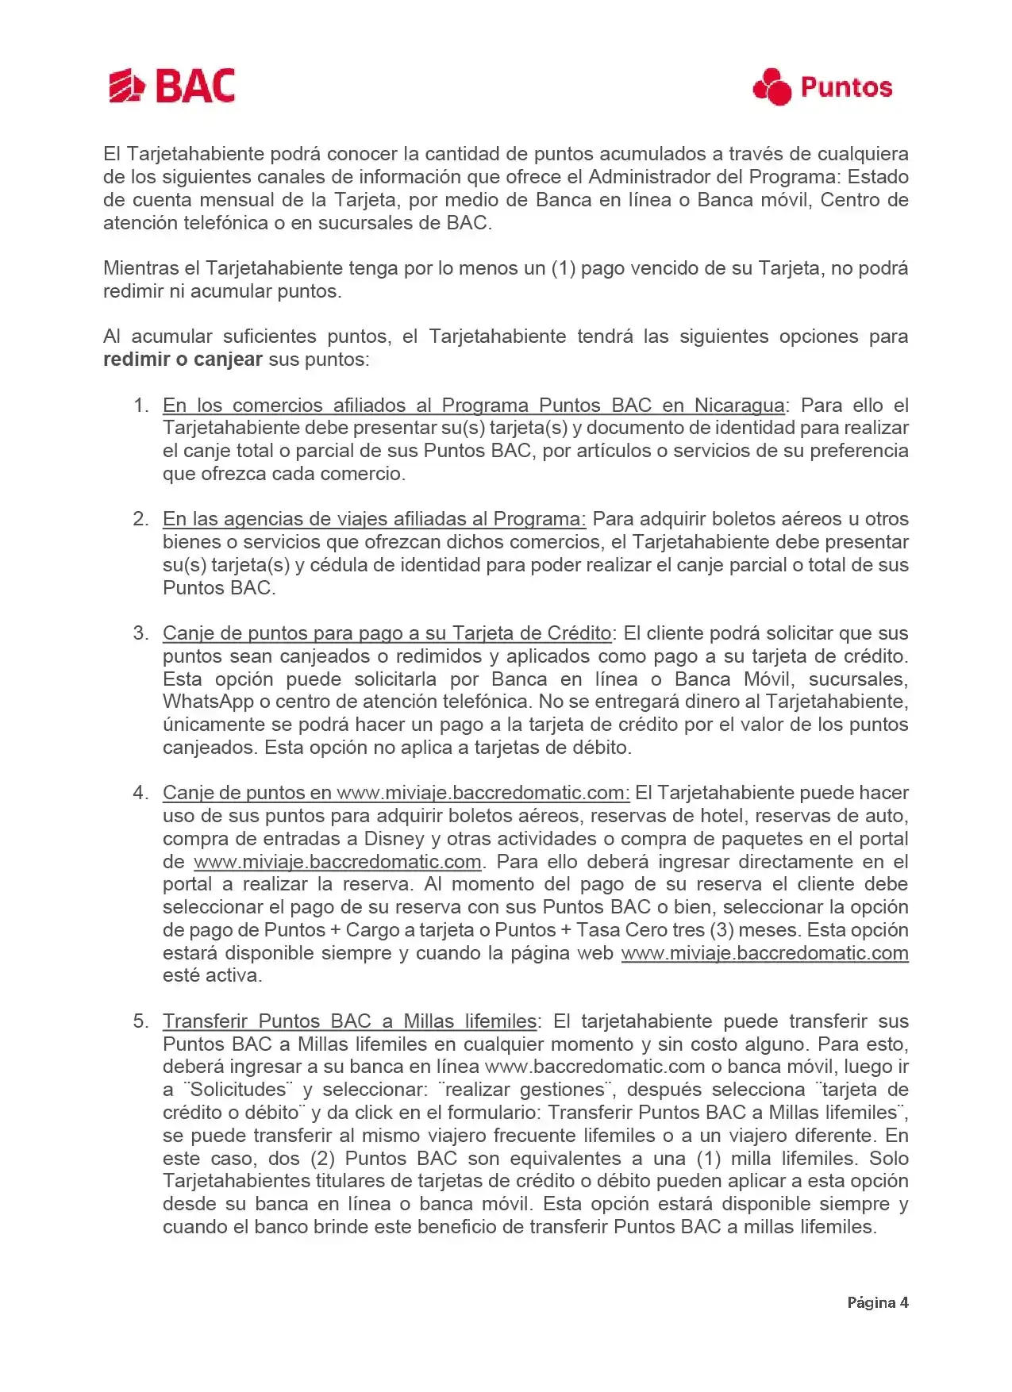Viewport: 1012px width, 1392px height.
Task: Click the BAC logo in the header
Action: click(x=171, y=86)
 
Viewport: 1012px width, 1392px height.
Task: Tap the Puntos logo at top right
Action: click(x=822, y=87)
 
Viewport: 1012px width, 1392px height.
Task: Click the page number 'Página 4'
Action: click(x=877, y=1302)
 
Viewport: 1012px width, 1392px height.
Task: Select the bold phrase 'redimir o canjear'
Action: click(x=183, y=360)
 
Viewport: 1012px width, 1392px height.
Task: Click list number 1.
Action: click(x=140, y=406)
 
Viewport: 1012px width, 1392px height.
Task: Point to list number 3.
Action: click(x=140, y=633)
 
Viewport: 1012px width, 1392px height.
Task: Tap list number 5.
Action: click(x=140, y=1021)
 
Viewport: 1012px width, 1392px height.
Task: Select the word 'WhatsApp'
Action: click(x=208, y=702)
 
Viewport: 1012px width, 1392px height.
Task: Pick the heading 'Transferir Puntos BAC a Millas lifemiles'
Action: click(x=350, y=1021)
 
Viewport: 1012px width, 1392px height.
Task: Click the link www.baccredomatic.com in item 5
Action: click(x=595, y=1067)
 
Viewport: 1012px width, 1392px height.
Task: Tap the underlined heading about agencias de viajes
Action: click(x=374, y=519)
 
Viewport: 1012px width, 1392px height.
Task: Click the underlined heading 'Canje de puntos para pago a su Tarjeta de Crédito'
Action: click(x=387, y=633)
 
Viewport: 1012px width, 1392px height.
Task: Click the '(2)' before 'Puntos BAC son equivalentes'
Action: click(x=322, y=1159)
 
